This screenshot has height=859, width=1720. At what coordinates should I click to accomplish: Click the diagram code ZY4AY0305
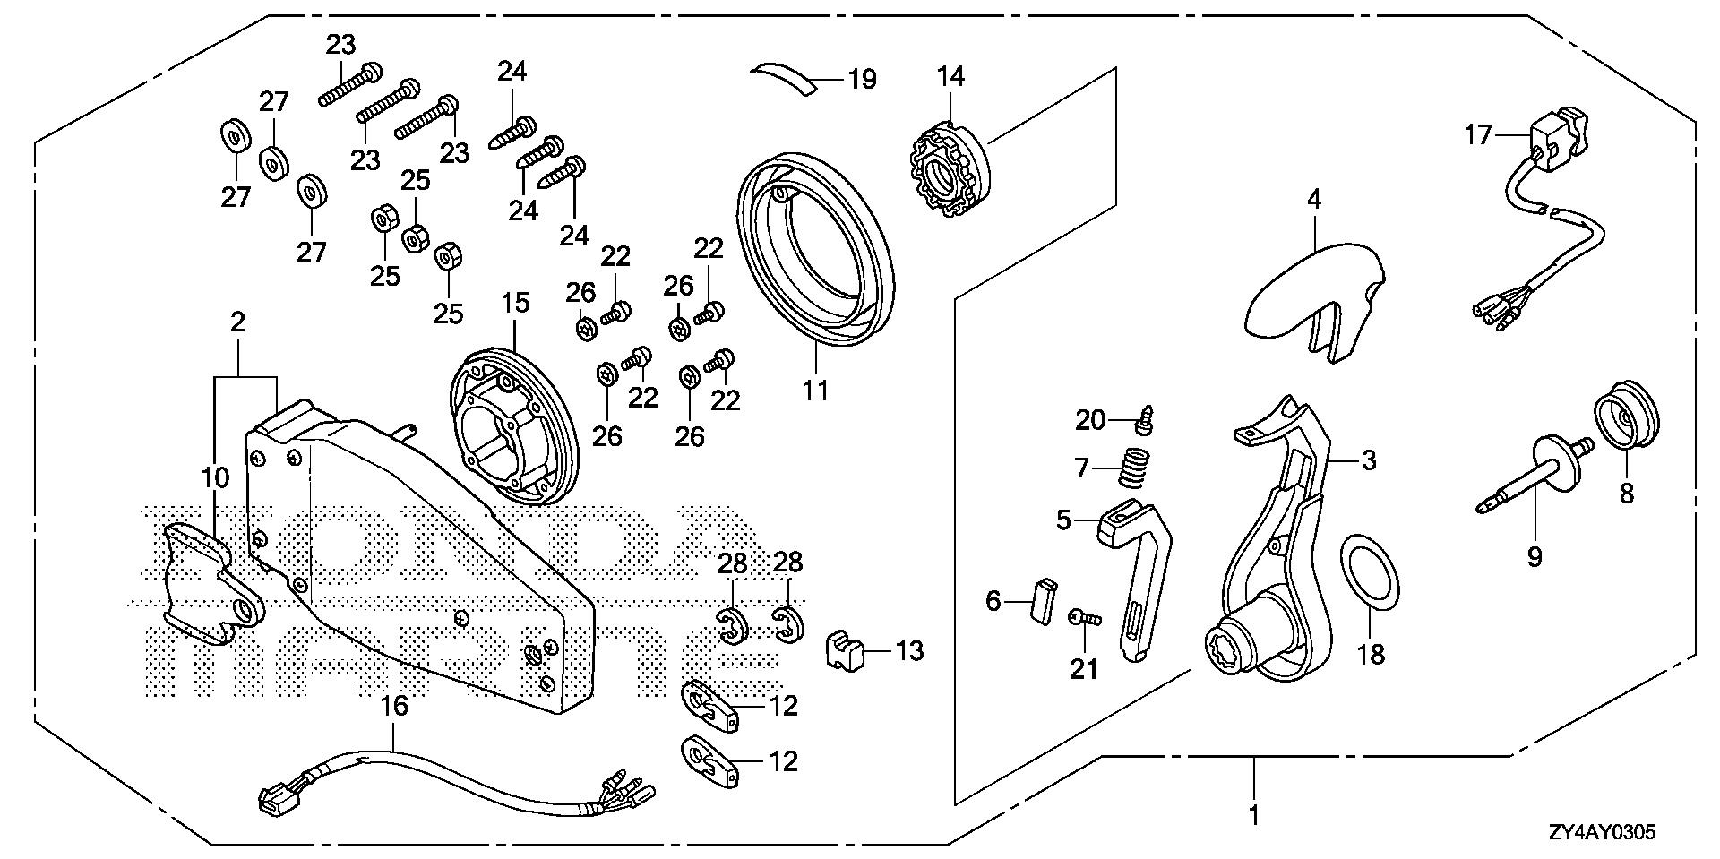[x=1600, y=833]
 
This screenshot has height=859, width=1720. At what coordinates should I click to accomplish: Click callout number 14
[x=951, y=77]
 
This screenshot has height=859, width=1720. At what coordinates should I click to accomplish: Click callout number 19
[x=862, y=81]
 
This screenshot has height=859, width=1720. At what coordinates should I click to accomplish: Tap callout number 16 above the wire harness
[x=394, y=707]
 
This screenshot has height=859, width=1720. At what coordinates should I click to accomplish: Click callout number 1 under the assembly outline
[x=1253, y=815]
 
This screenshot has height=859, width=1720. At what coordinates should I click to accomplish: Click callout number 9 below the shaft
[x=1535, y=557]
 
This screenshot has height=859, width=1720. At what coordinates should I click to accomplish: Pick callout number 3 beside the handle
[x=1368, y=461]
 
